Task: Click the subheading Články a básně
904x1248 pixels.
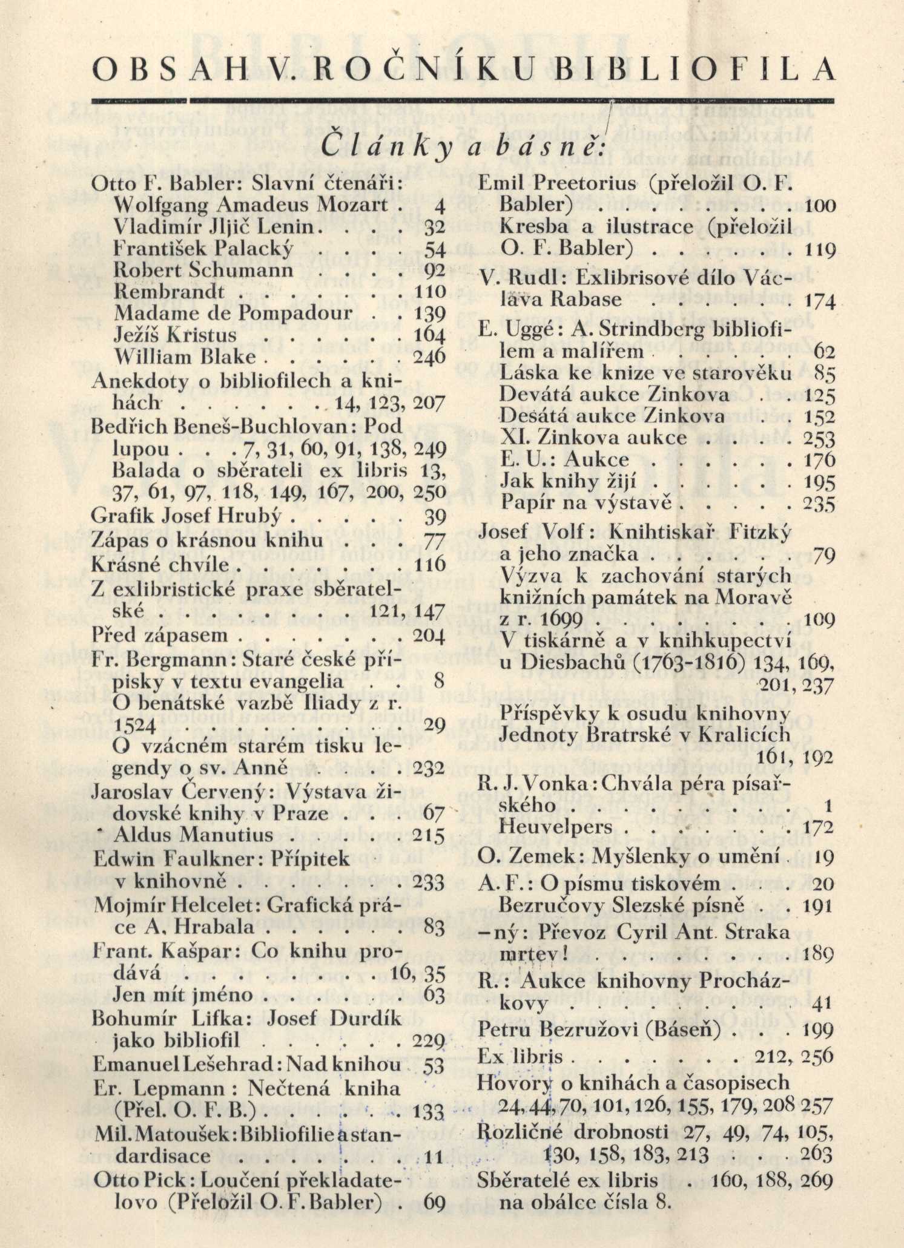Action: [462, 148]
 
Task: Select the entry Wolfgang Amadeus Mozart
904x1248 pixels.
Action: [250, 205]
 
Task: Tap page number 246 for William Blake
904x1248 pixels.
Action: [429, 357]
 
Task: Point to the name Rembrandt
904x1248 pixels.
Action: [169, 292]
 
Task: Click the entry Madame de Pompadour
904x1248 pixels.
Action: [233, 314]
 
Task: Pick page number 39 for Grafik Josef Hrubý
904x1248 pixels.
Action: [435, 516]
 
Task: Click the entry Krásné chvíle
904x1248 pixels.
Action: [160, 565]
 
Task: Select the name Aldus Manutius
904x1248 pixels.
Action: [193, 835]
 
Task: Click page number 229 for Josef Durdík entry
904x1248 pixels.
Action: [429, 1041]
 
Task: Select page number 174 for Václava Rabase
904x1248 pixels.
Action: [820, 301]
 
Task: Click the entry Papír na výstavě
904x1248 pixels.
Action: [587, 503]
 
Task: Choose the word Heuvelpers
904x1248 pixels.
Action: [555, 827]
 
